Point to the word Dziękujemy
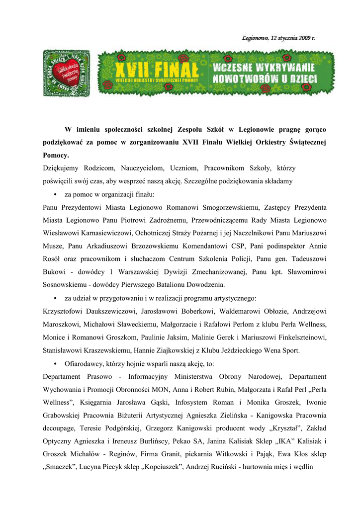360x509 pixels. (62, 169)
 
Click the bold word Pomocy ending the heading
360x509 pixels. (55, 156)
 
